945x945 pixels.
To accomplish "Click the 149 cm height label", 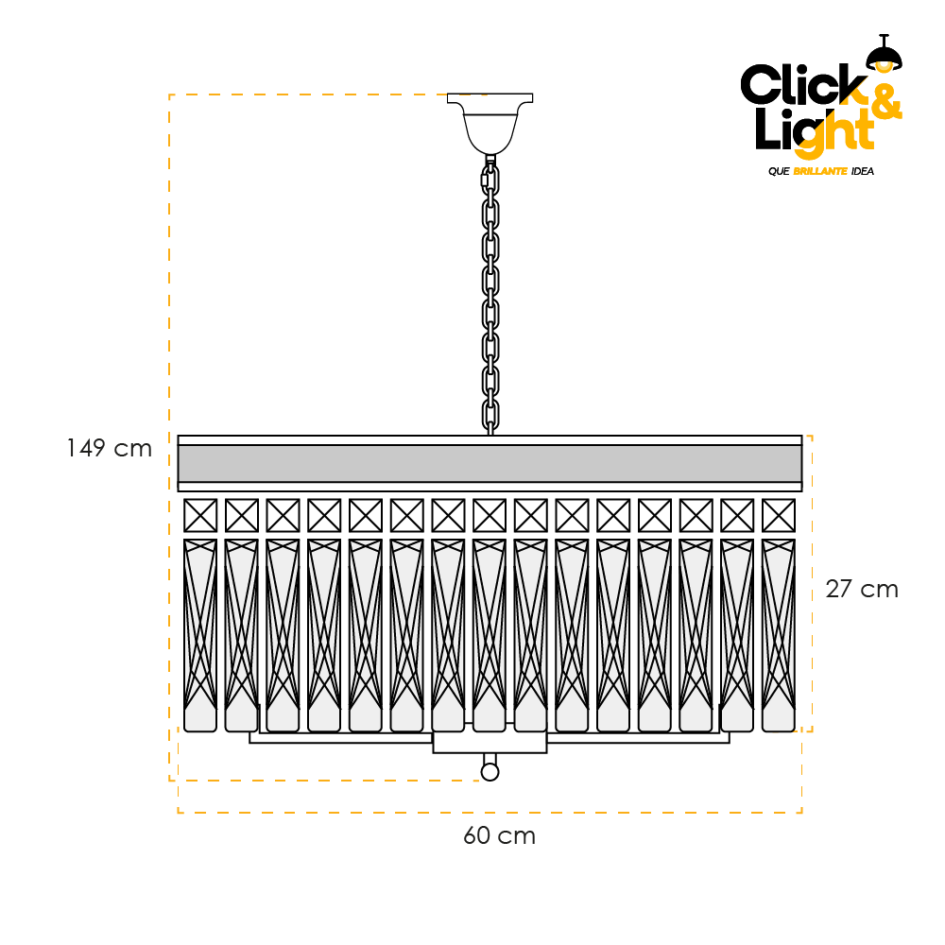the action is pos(109,448).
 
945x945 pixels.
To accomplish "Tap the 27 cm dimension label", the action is pos(862,589).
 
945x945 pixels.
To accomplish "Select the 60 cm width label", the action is pos(499,835).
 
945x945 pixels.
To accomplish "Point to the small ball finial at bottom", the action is pos(490,772).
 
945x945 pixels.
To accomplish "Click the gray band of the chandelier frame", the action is pos(490,463).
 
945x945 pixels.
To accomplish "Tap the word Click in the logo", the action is pos(803,84).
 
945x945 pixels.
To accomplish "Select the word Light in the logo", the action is pos(815,132).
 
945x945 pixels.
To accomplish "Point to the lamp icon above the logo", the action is pos(885,53).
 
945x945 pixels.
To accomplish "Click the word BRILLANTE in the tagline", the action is pos(820,171).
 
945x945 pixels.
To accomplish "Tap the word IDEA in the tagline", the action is pos(863,171).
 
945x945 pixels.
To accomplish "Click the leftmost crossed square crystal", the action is pos(200,516).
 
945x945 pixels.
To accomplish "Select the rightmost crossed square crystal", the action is pos(779,516).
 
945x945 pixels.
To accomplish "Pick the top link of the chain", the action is pos(490,180).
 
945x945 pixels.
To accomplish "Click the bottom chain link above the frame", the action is pos(490,416).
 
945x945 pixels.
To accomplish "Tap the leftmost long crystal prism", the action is pos(200,636).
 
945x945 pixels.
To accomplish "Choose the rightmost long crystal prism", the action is pos(779,636).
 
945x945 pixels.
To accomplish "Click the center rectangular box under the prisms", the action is pos(490,743).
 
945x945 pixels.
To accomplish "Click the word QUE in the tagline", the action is pos(779,171).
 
